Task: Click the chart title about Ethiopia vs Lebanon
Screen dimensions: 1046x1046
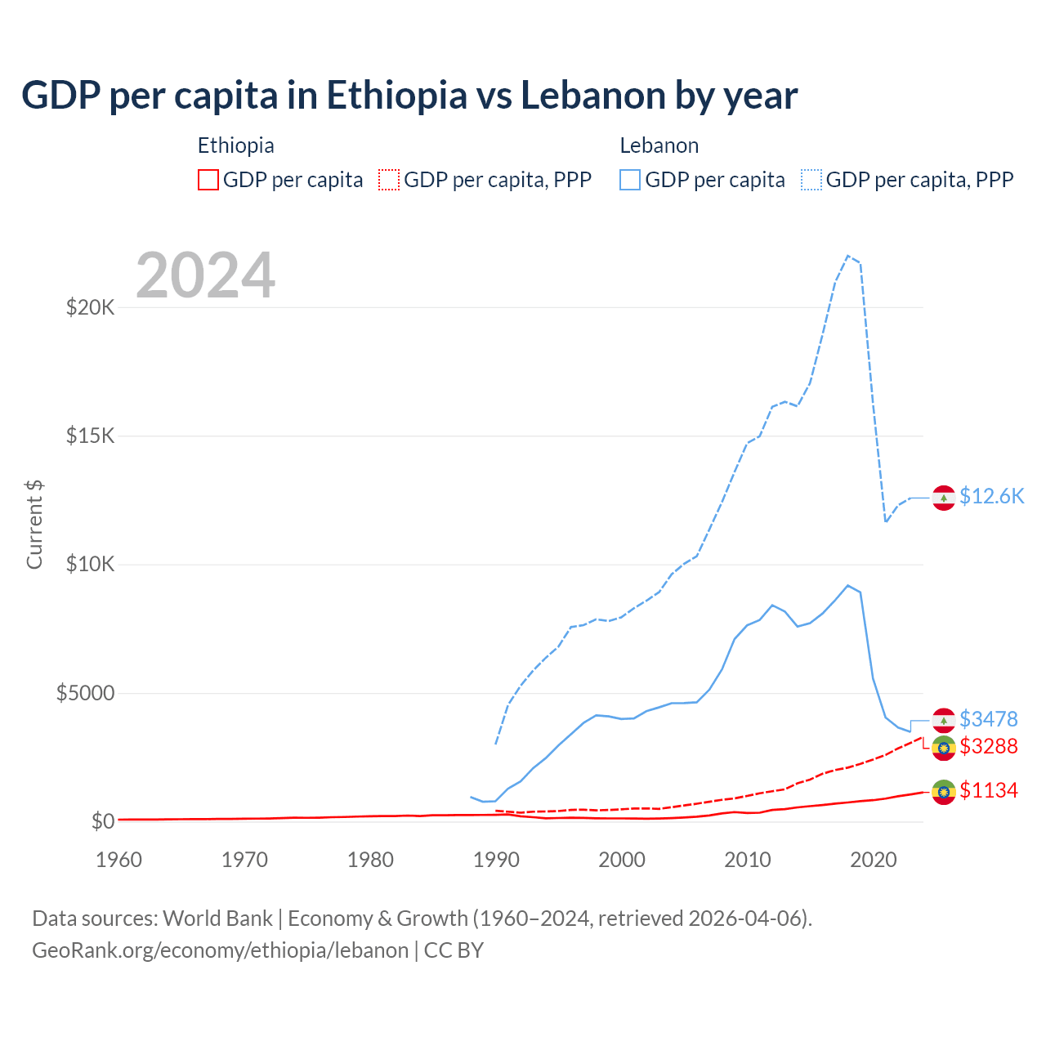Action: click(409, 96)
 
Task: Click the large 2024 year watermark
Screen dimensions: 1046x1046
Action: click(205, 275)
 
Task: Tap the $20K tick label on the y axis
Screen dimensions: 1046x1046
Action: click(90, 308)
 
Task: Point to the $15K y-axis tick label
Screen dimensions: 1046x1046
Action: click(90, 436)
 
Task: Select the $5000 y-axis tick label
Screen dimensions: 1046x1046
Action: click(85, 694)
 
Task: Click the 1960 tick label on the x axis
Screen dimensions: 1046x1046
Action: click(119, 860)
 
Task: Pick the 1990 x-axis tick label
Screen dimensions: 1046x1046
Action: click(497, 860)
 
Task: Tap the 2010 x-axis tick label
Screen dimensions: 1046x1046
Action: click(748, 860)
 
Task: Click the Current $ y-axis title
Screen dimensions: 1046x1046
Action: click(34, 525)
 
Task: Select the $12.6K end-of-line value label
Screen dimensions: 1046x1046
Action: click(991, 497)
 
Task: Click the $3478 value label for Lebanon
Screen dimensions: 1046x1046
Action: click(988, 719)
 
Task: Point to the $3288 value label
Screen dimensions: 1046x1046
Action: click(988, 746)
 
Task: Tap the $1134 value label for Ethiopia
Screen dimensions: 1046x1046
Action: click(988, 790)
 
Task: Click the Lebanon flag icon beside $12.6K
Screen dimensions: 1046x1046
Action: click(944, 497)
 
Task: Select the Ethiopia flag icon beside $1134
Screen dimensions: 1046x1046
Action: click(944, 792)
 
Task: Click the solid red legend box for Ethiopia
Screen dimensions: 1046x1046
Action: click(208, 180)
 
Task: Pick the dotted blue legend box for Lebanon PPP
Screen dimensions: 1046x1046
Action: click(811, 180)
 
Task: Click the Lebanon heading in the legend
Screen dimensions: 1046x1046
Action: click(659, 145)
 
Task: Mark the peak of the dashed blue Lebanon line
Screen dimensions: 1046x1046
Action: click(848, 256)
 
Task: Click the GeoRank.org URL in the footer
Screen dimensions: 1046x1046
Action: click(221, 950)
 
